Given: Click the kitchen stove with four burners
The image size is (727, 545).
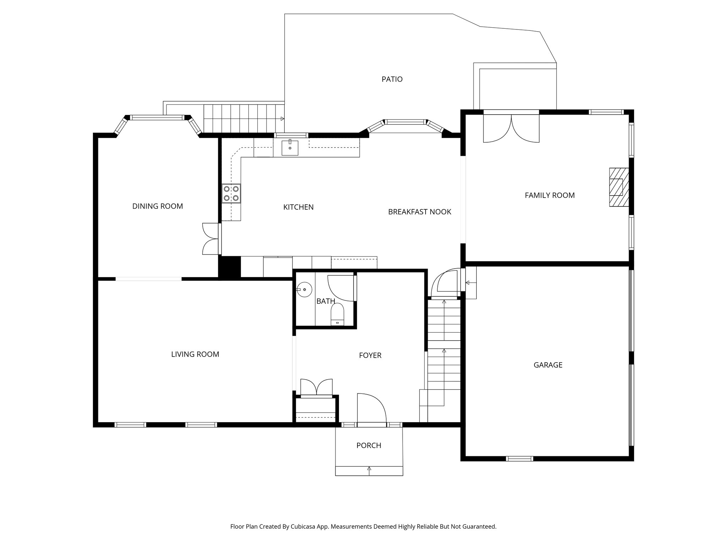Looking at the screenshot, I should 231,193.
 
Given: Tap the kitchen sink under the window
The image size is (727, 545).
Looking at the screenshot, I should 290,148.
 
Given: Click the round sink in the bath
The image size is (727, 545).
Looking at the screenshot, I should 304,290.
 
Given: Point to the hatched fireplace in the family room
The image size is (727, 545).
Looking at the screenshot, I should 619,187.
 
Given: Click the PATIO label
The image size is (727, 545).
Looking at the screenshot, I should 392,79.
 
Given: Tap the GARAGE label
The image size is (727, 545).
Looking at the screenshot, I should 548,365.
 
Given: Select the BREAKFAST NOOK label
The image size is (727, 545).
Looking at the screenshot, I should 419,212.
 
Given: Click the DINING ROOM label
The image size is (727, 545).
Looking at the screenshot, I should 157,206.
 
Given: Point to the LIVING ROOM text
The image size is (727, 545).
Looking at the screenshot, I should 195,354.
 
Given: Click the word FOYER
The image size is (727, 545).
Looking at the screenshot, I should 370,355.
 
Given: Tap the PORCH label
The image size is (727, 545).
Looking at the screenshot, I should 368,445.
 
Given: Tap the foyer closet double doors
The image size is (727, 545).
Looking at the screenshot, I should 316,386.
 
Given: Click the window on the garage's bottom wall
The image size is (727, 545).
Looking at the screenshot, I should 519,459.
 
